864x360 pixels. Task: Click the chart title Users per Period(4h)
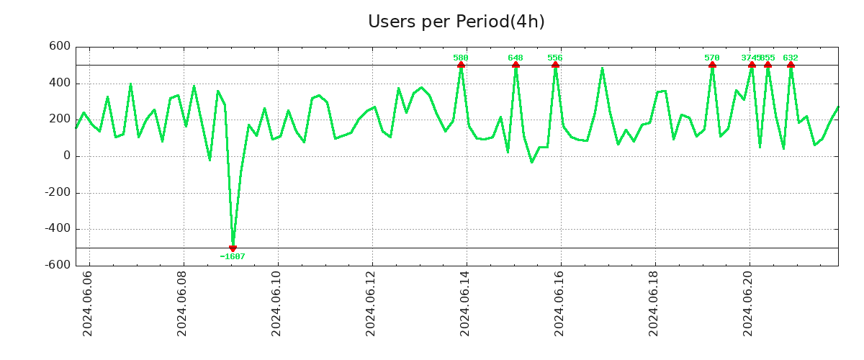coord(456,22)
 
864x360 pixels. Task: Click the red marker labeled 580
coord(461,65)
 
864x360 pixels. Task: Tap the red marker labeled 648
coord(516,65)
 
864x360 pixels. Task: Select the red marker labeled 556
coord(555,65)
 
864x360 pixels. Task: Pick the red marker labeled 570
coord(712,65)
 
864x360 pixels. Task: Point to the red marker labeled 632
coord(791,65)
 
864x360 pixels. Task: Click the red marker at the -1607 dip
coord(233,248)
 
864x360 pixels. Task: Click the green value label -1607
coord(233,256)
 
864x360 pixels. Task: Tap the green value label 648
coord(516,58)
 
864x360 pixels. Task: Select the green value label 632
coord(791,58)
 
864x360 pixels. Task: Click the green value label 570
coord(712,58)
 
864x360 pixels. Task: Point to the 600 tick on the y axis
coord(60,47)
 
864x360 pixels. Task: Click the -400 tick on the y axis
coord(57,229)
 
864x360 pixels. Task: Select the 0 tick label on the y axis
coord(66,156)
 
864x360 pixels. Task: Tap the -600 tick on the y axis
coord(57,265)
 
